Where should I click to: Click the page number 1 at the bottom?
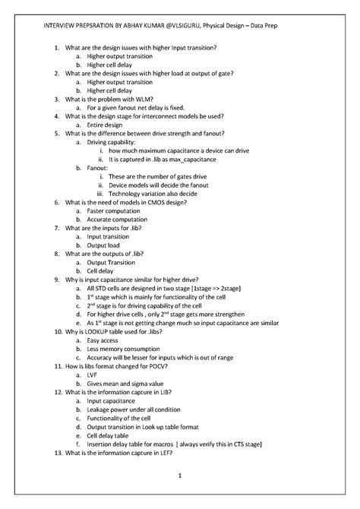[181, 476]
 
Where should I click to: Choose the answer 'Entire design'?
[106, 125]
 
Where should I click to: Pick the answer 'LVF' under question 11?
[93, 375]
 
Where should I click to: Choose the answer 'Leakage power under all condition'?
[137, 409]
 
